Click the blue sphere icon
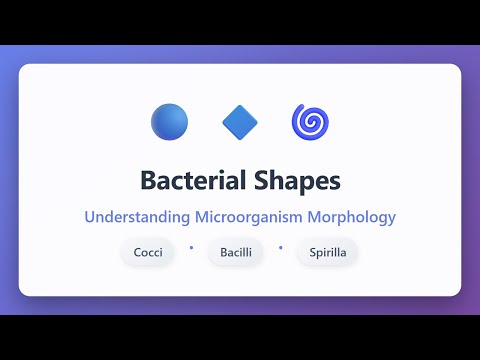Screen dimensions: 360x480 coord(169,122)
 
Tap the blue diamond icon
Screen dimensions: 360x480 coord(240,122)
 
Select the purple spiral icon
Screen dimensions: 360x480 coord(310,122)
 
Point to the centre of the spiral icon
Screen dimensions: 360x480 coord(310,123)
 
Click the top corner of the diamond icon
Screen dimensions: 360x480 coord(240,105)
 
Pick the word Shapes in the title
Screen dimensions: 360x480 coord(300,182)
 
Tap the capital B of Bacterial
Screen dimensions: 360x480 coord(148,181)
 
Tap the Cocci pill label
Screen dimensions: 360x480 coord(149,252)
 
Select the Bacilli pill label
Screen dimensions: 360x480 coord(236,252)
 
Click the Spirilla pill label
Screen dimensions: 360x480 coord(327,252)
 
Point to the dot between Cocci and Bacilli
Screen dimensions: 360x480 coord(190,246)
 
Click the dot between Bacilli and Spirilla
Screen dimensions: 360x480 coord(281,246)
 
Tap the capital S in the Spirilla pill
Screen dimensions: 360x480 coord(311,252)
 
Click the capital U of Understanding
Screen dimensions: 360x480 coord(90,215)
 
